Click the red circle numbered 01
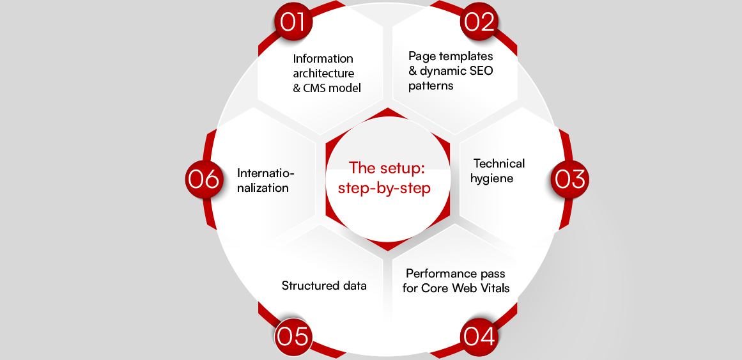(293, 22)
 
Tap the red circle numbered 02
(479, 22)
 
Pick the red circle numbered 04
(479, 336)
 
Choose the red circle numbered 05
(293, 336)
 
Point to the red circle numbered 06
(204, 179)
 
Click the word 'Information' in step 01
(323, 59)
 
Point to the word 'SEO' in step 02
(480, 71)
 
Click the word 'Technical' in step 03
(499, 164)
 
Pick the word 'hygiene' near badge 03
(491, 178)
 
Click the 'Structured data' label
(324, 286)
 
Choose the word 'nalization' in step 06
(263, 188)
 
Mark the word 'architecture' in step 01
(323, 74)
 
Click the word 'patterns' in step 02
(431, 86)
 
